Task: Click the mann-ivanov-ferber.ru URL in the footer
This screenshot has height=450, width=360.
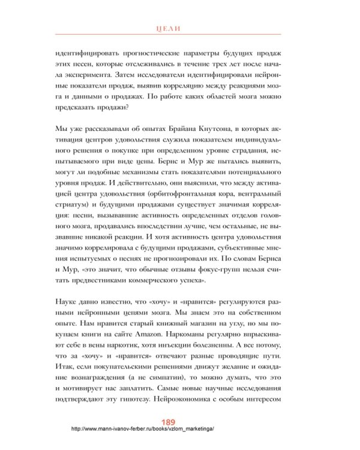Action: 142,430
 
